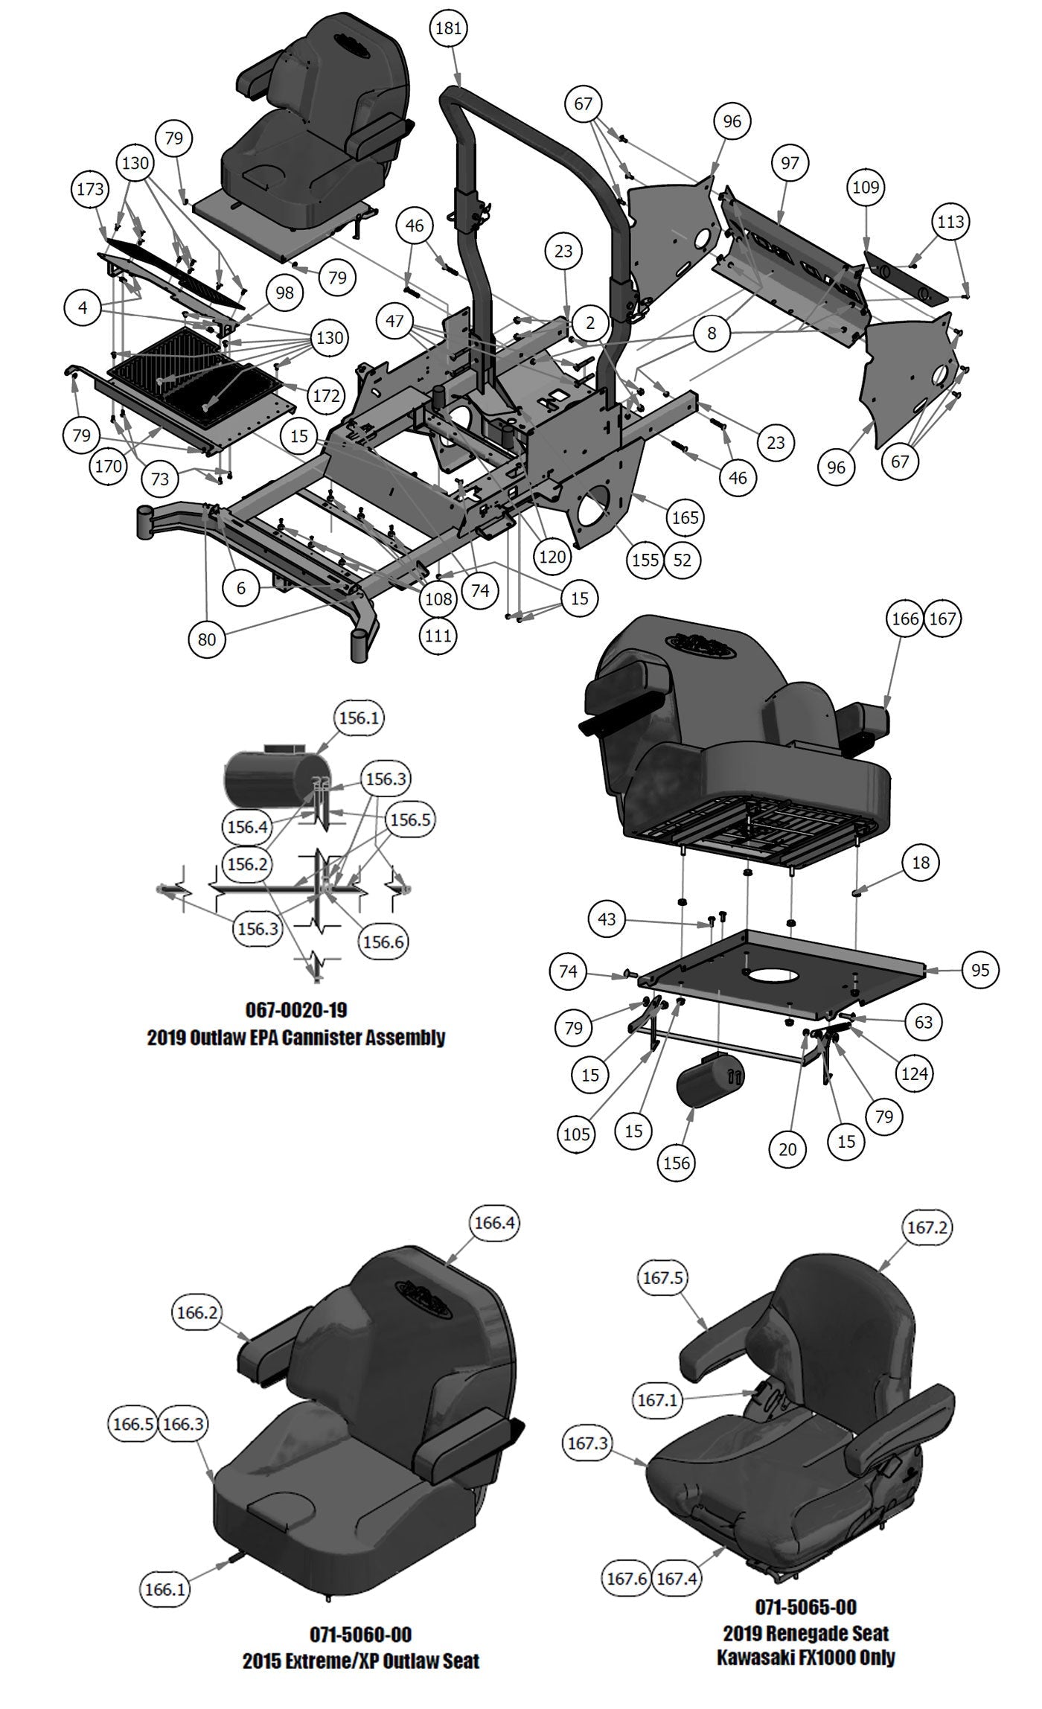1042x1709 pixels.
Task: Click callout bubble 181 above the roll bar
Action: coord(448,29)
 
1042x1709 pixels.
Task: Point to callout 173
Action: coord(91,190)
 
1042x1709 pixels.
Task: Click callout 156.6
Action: coord(383,942)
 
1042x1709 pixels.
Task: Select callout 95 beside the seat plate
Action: coord(980,970)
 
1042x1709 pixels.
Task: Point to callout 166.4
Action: coord(495,1223)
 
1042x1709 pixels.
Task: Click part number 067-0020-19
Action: coord(295,1010)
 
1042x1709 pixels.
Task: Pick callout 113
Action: coord(950,222)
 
